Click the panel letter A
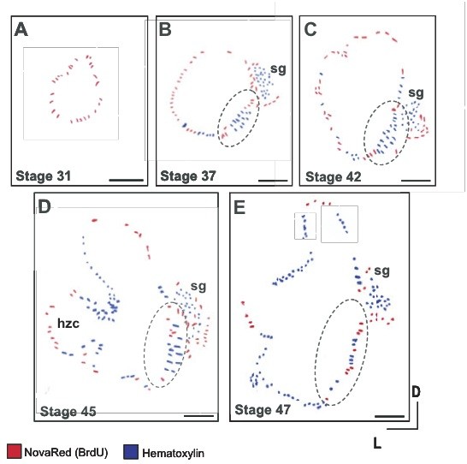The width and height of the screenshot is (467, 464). (21, 30)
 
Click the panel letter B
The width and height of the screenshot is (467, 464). (165, 29)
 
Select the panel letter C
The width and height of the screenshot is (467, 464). (310, 29)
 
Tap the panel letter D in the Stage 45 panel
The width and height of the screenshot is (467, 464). (44, 207)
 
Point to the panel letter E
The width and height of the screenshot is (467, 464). (239, 207)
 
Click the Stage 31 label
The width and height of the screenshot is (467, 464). (44, 175)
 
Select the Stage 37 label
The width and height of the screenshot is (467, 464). (188, 175)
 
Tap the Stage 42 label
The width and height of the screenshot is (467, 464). (334, 176)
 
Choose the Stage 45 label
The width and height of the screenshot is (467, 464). (68, 412)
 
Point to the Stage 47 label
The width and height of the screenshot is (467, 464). (263, 410)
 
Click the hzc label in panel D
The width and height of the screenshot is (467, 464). (68, 323)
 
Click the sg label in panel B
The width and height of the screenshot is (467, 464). (278, 69)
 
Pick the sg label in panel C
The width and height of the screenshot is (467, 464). (416, 93)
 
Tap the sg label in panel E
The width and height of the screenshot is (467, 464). (381, 271)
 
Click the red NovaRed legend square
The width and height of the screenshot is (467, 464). (14, 451)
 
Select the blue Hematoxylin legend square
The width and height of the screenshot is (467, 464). (131, 452)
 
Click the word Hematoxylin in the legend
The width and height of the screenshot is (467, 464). (174, 453)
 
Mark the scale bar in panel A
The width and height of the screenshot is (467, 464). (127, 180)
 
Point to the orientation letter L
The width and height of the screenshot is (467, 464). (377, 443)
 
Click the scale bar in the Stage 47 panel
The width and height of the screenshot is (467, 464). (389, 416)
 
